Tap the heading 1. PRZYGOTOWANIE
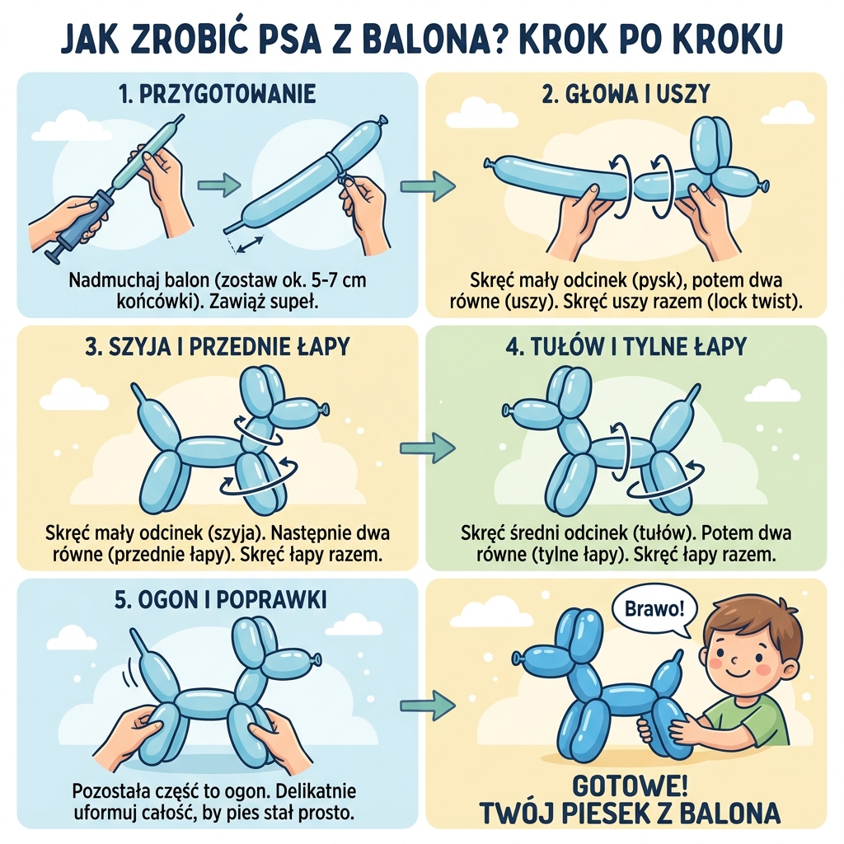217,94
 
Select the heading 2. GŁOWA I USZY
626,94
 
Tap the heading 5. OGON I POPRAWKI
219,599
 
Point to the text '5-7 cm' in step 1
333,281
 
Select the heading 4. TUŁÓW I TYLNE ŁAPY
626,346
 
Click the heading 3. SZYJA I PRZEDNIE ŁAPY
217,346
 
